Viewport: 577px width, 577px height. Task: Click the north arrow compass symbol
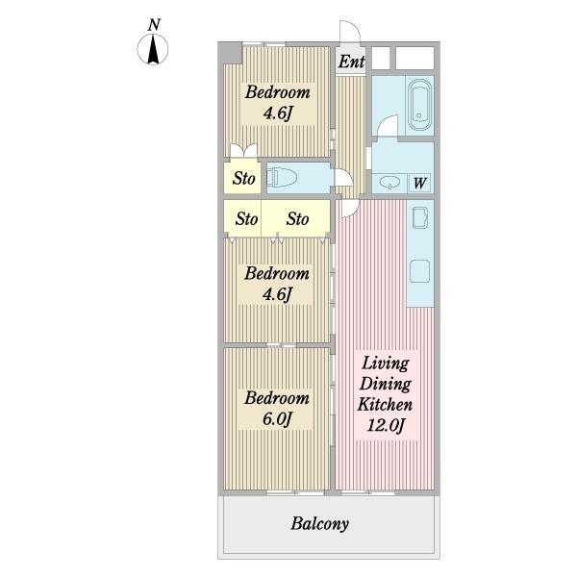click(x=153, y=49)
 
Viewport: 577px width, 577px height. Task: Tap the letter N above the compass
click(x=154, y=25)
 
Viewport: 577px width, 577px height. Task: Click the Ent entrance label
click(x=351, y=62)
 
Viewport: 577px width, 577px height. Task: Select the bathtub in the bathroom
click(x=419, y=105)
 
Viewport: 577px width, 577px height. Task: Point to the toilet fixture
click(x=282, y=177)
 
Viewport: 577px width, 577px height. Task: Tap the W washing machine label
click(x=420, y=183)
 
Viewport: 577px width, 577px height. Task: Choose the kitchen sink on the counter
click(x=420, y=218)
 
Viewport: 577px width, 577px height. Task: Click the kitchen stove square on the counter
click(x=420, y=271)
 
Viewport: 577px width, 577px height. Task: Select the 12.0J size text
click(x=386, y=426)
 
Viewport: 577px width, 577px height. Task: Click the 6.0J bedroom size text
click(x=277, y=418)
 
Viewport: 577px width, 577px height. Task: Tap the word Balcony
click(x=320, y=524)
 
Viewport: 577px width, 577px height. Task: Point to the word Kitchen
click(x=385, y=405)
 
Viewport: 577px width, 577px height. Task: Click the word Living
click(x=385, y=364)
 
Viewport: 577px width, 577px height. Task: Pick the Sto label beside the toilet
click(x=243, y=179)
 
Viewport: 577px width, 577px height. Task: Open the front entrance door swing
click(x=350, y=33)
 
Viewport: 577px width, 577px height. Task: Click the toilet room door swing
click(x=343, y=179)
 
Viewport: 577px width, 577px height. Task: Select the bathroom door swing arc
click(x=388, y=125)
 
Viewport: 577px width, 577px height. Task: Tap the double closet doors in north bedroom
click(x=243, y=151)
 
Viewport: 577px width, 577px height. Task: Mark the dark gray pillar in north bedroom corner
click(x=232, y=53)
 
